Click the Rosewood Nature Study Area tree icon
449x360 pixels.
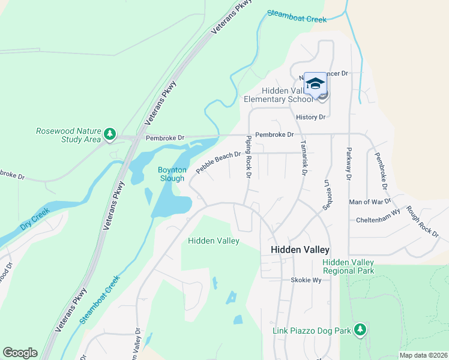(109, 134)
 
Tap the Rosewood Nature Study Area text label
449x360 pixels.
(68, 135)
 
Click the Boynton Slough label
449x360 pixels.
(172, 174)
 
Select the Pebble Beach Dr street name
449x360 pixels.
(218, 163)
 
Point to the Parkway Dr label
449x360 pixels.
(348, 163)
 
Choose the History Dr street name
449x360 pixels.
(310, 117)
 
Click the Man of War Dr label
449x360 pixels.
(370, 202)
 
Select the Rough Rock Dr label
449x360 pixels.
(423, 220)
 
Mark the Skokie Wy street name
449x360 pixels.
(306, 280)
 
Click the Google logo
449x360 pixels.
(20, 353)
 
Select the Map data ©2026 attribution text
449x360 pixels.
(423, 355)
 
